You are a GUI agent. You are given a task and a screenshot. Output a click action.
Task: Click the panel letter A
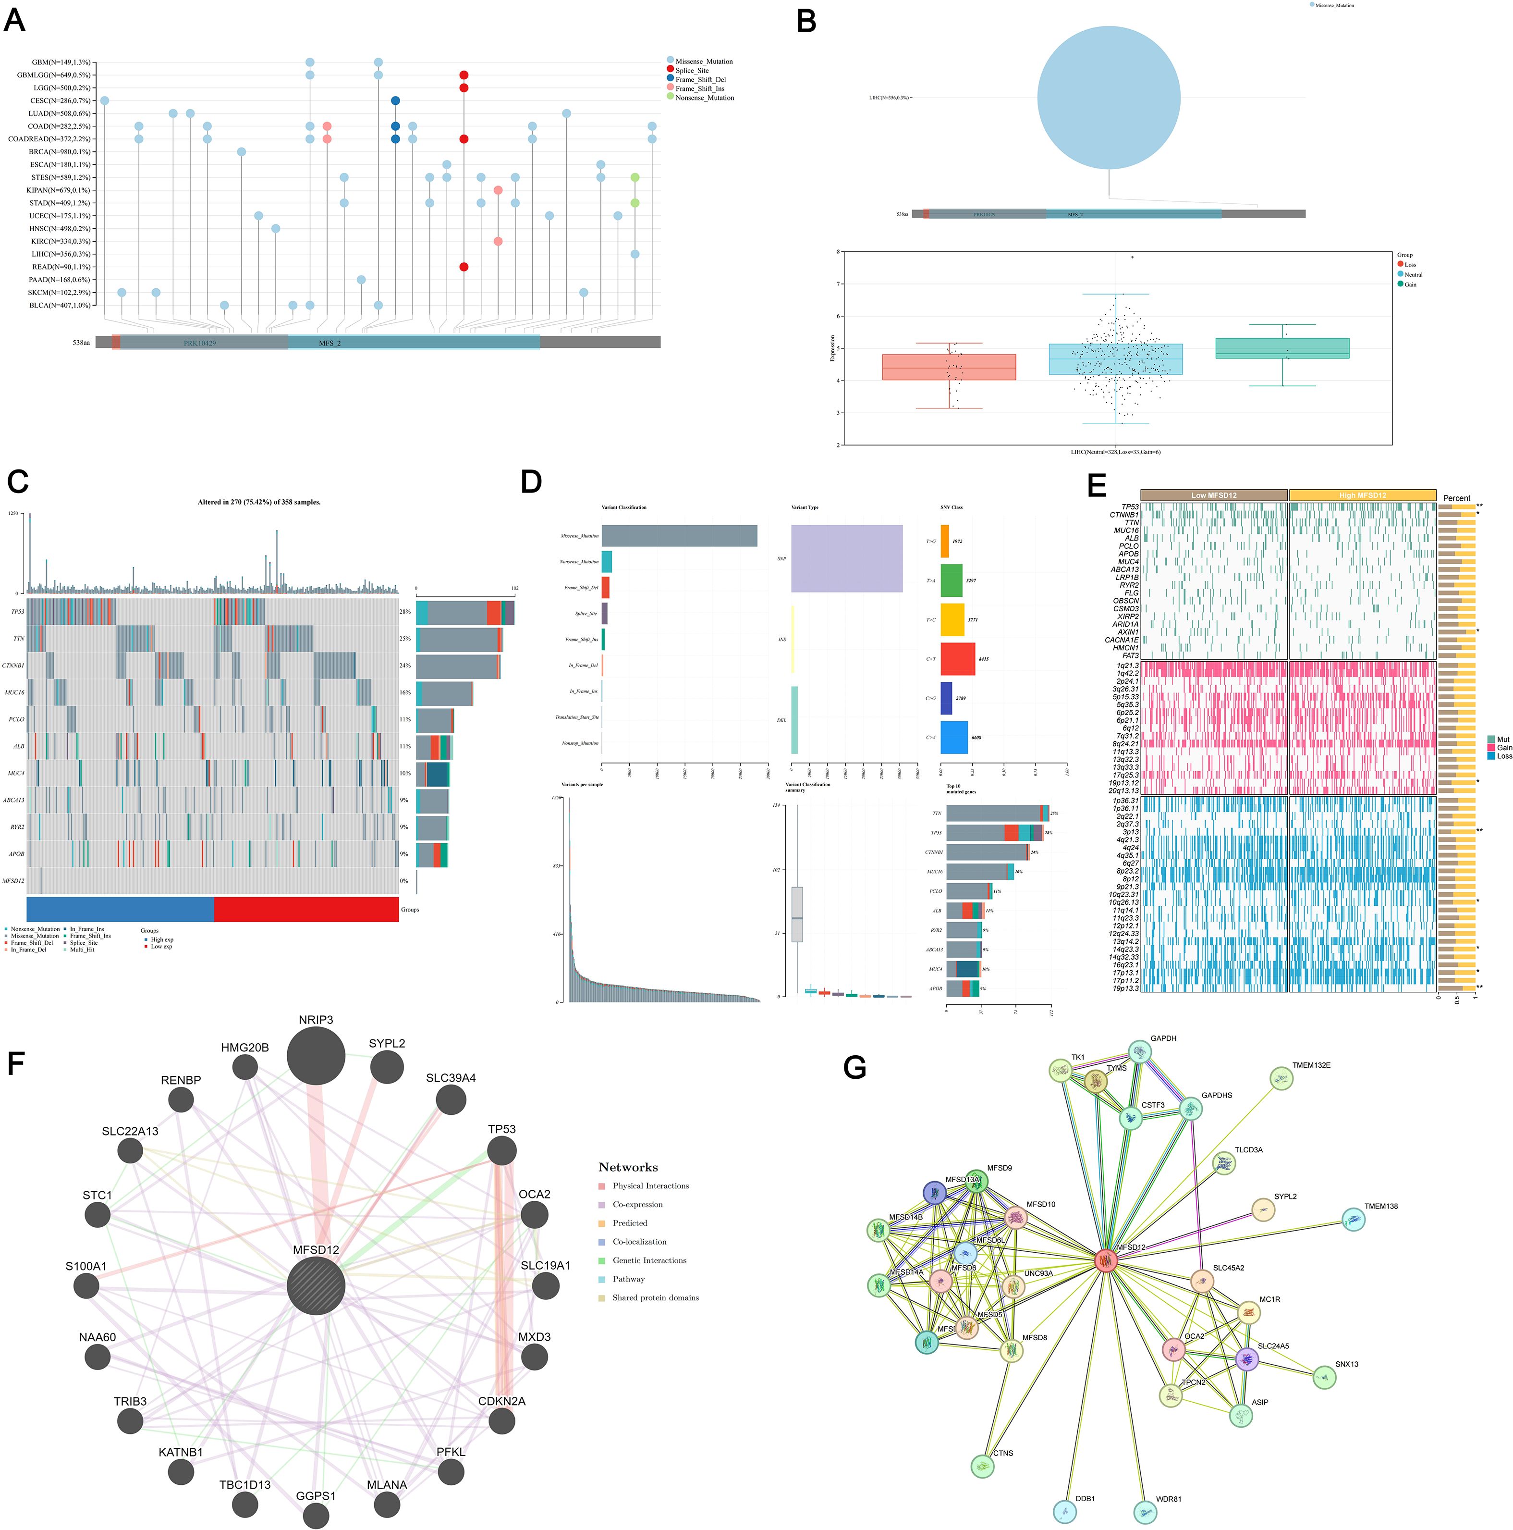point(14,20)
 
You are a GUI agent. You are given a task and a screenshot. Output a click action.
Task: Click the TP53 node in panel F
point(501,1151)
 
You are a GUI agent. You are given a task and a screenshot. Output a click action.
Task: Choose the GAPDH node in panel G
point(1139,1052)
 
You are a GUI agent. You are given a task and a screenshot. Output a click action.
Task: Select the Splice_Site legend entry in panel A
point(692,71)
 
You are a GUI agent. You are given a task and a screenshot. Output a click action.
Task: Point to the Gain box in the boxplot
point(1282,348)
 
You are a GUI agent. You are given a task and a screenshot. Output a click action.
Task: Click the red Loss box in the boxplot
point(949,367)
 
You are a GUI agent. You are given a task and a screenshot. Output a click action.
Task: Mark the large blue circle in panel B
point(1109,98)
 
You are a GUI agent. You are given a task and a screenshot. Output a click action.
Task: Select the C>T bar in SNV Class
point(957,659)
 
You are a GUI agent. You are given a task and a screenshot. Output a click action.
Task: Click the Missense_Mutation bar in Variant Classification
point(679,536)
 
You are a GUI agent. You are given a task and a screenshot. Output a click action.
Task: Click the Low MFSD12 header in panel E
point(1214,495)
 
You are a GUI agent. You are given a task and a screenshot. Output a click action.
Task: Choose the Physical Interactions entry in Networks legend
point(650,1185)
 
